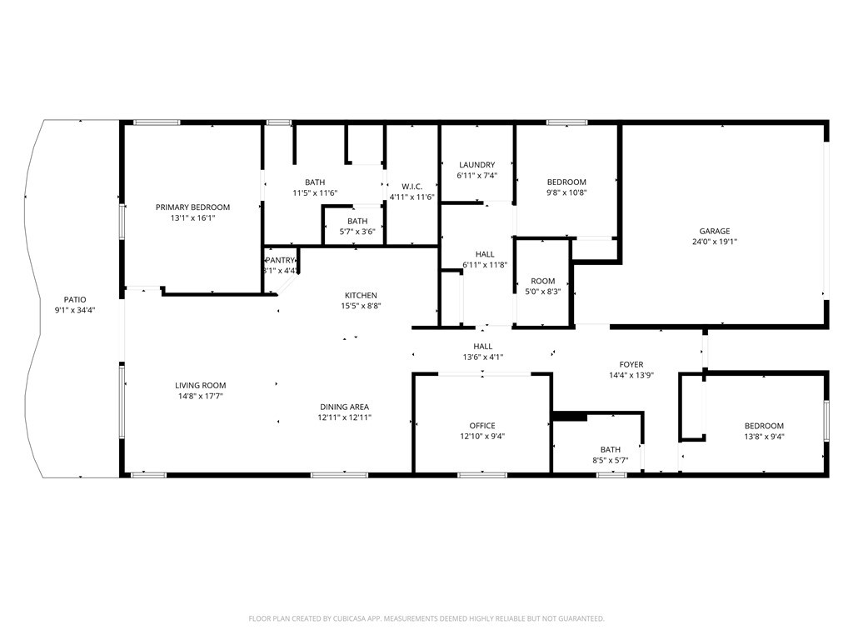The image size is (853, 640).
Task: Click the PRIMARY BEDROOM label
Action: pos(192,207)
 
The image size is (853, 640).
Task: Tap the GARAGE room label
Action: pos(714,231)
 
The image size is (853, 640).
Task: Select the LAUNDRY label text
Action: pos(477,164)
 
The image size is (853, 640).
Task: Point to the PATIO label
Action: pos(75,299)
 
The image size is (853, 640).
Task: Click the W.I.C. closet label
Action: pos(412,186)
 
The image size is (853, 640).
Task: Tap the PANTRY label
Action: pos(280,260)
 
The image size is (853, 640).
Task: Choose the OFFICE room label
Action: pos(482,426)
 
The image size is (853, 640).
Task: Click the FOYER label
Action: pos(631,365)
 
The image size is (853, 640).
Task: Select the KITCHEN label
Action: pos(361,295)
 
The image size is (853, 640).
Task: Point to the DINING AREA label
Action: pos(344,407)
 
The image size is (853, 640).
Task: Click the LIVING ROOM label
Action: pos(200,385)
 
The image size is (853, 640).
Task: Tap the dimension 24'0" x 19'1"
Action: pos(714,242)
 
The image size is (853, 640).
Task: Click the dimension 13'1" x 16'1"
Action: pos(192,217)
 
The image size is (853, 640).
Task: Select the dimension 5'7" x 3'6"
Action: pos(357,232)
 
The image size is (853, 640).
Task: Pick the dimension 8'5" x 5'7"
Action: pos(611,460)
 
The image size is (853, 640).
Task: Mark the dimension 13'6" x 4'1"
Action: pos(483,357)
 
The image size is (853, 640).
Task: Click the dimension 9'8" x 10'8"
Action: pos(566,192)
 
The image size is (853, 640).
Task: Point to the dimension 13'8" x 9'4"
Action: pos(765,436)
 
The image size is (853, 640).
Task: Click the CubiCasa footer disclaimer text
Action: pos(426,618)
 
